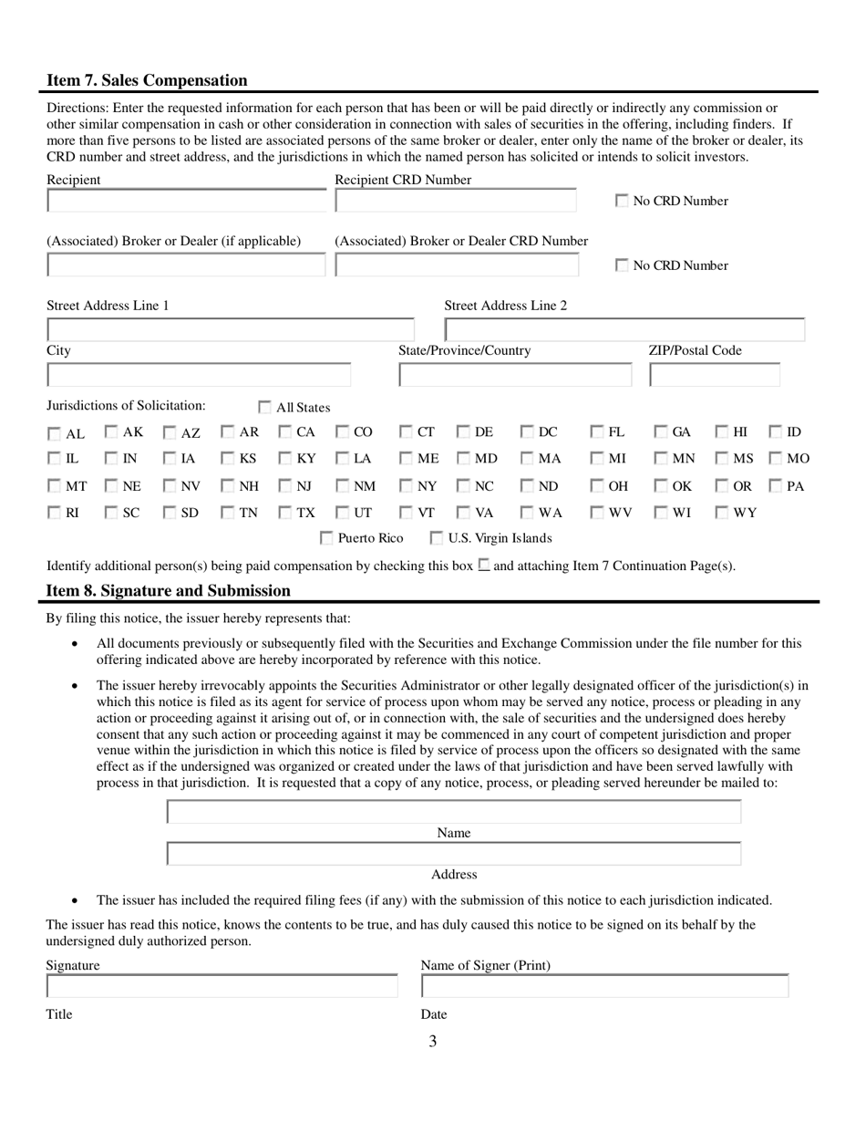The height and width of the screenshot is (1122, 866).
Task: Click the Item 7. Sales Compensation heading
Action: pos(147,80)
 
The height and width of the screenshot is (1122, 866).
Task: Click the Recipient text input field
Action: pos(186,201)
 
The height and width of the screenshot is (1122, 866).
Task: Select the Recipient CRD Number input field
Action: pos(456,201)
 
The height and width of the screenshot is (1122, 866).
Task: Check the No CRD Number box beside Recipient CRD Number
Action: pos(622,201)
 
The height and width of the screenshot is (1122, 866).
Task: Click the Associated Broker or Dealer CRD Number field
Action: pos(457,265)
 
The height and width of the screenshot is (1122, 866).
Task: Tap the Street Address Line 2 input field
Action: pos(624,329)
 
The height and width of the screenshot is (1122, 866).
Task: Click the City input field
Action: pos(199,374)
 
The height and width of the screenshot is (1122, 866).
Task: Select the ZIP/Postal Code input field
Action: pos(715,374)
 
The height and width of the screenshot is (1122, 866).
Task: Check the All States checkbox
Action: pos(265,408)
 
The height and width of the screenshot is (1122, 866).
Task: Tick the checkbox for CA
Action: pos(285,432)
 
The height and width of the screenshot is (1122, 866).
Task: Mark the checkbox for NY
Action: pos(407,486)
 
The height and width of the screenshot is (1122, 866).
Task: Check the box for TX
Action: pos(285,513)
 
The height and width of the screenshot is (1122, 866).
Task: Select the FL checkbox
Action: pos(597,432)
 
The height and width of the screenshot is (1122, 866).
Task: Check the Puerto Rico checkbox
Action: pos(328,538)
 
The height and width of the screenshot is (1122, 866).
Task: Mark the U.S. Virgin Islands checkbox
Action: pos(438,538)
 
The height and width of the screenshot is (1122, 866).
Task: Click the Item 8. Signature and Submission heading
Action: pos(169,591)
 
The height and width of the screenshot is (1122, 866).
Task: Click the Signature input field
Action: pos(222,986)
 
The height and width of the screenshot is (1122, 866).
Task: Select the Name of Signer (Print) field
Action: pos(604,986)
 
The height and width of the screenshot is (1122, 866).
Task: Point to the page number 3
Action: pos(432,1042)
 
